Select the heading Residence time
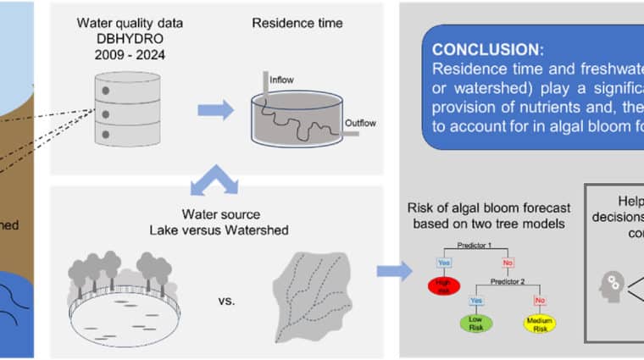pyautogui.click(x=297, y=23)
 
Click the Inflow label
pyautogui.click(x=280, y=81)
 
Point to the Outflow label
pyautogui.click(x=360, y=124)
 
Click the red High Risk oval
pyautogui.click(x=442, y=286)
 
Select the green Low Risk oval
pyautogui.click(x=476, y=323)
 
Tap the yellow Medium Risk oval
pyautogui.click(x=539, y=323)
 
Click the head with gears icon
pyautogui.click(x=611, y=285)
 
